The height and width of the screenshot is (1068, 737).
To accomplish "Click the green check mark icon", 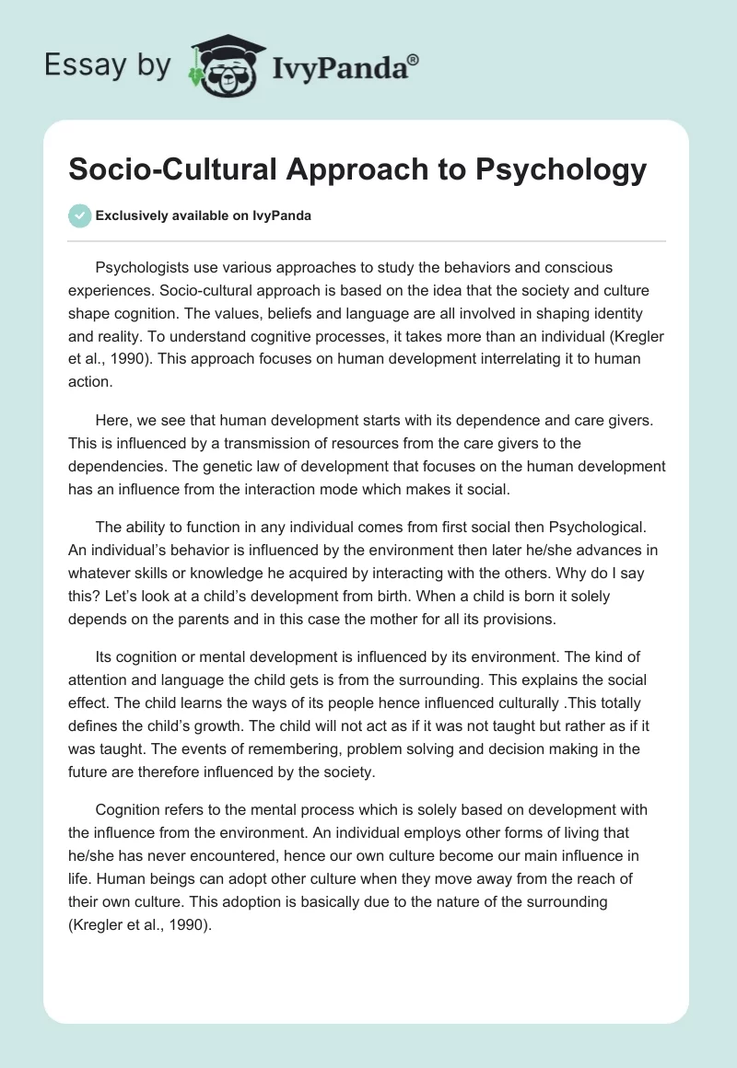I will coord(79,215).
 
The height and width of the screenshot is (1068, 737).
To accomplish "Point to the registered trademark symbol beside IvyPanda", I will coord(414,60).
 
